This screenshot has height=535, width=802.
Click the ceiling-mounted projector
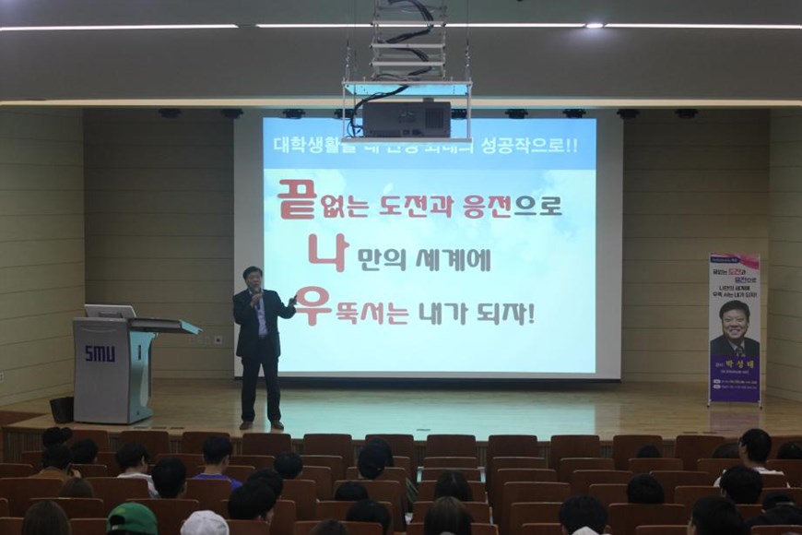click(406, 117)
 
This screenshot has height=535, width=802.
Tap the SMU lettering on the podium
click(100, 353)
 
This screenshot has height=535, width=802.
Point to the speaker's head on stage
click(252, 278)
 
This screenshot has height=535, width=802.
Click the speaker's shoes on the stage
click(261, 424)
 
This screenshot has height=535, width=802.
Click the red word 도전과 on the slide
click(419, 205)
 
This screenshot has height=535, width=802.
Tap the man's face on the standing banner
click(735, 322)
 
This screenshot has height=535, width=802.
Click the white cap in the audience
click(204, 523)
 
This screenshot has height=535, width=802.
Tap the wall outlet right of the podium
click(218, 339)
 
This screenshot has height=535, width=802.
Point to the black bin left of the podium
click(62, 409)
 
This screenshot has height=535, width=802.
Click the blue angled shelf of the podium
click(166, 326)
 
